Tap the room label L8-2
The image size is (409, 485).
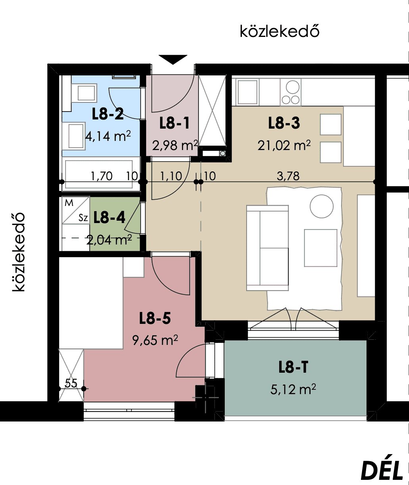108,114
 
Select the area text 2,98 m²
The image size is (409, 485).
175,145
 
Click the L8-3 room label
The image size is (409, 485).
284,123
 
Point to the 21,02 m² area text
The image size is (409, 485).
284,145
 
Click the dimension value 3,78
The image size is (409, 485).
288,176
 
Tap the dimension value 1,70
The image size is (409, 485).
102,176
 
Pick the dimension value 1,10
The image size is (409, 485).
171,176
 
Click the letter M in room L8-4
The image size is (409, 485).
69,203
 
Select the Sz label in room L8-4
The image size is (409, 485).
83,218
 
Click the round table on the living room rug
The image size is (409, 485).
322,206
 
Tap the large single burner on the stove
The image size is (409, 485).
293,87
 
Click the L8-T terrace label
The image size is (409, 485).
293,368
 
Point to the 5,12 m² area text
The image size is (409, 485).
293,389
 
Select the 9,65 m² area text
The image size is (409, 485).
155,340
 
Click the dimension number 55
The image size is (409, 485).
71,383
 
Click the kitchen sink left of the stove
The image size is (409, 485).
247,92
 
